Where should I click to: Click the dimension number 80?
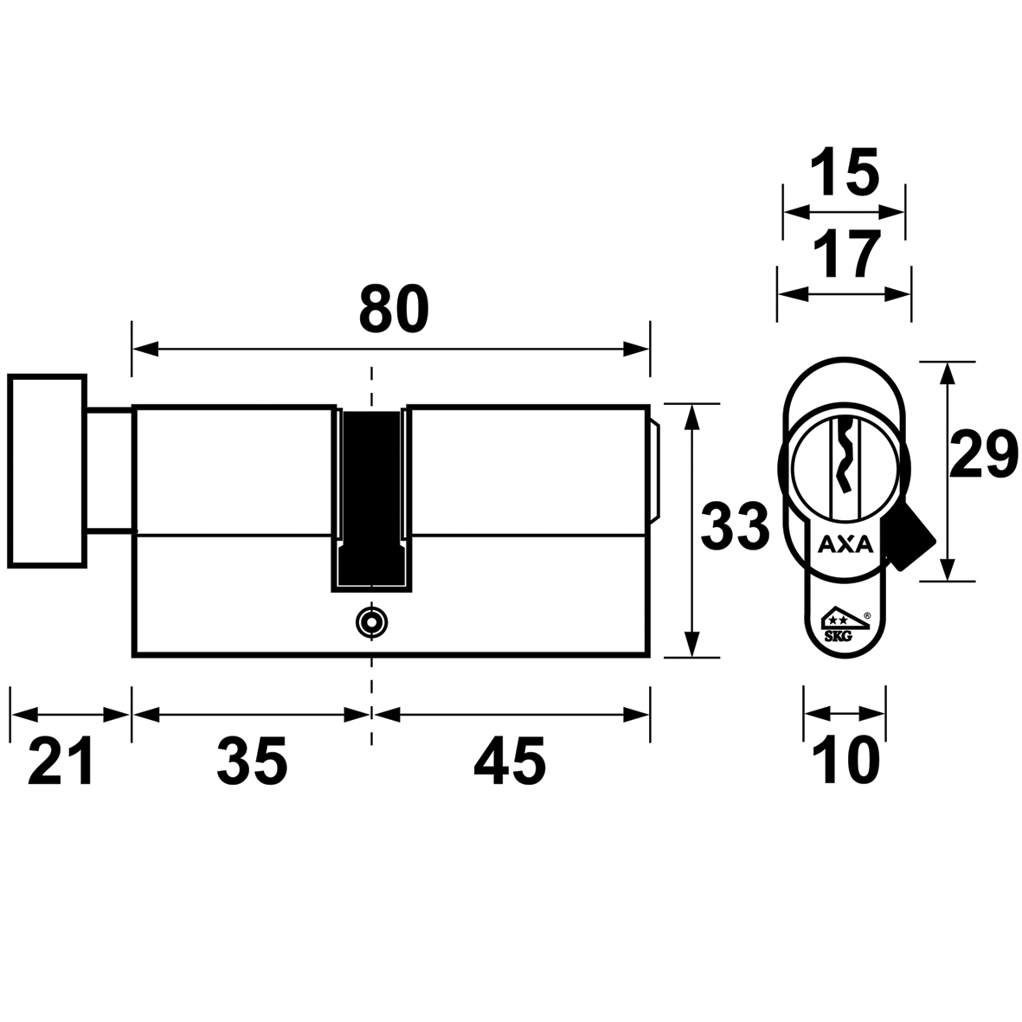coord(394,309)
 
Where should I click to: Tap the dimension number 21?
coord(61,761)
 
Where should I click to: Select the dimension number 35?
coord(252,761)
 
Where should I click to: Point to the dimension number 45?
coord(510,761)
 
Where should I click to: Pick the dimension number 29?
coord(984,455)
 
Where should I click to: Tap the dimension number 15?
coord(845,172)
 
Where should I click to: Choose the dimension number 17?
coord(846,254)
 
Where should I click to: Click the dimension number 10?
coord(846,761)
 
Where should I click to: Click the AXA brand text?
coord(845,543)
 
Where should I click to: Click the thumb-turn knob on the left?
coord(47,472)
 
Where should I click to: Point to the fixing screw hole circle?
coord(371,622)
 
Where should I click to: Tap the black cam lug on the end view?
coord(910,538)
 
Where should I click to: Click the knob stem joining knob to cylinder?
coord(110,471)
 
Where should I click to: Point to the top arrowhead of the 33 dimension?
coord(691,417)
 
